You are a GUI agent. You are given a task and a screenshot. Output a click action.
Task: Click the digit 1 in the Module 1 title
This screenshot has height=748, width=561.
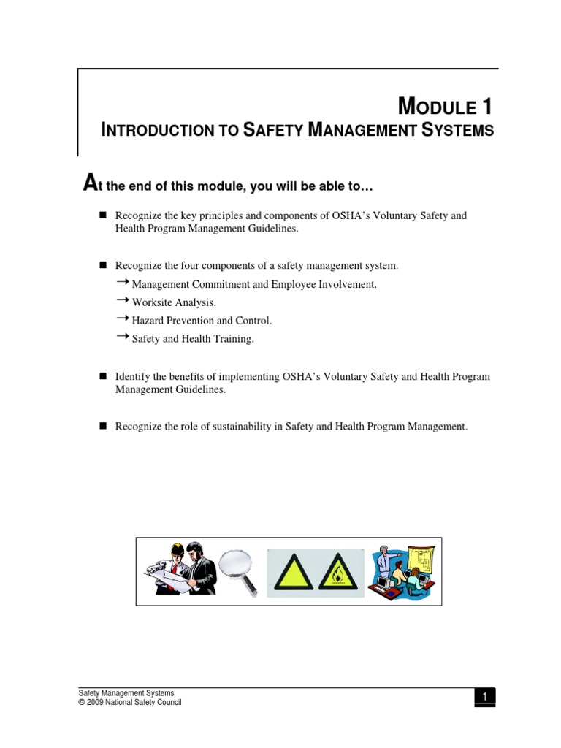486,107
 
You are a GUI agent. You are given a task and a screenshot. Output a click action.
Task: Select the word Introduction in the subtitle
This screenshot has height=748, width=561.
157,131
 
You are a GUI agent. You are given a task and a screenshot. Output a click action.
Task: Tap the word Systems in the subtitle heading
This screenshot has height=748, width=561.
458,131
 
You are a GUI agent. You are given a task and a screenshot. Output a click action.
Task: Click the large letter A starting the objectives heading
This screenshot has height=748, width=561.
90,185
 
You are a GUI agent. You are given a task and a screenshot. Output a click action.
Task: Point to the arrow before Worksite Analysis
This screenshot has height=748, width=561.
122,300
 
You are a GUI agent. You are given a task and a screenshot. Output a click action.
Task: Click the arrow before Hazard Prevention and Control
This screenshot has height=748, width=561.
122,318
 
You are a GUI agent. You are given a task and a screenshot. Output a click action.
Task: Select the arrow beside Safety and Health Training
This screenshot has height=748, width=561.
122,337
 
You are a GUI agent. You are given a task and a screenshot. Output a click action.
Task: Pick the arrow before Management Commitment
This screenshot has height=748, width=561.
122,282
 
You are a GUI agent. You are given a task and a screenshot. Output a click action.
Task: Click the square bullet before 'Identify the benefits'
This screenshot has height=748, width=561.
103,376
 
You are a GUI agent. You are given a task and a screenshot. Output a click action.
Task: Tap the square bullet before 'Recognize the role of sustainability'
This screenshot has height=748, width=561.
103,425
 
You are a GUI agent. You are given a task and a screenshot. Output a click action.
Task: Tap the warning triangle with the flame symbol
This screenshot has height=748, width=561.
337,572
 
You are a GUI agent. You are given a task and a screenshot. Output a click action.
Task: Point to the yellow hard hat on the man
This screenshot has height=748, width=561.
178,549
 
